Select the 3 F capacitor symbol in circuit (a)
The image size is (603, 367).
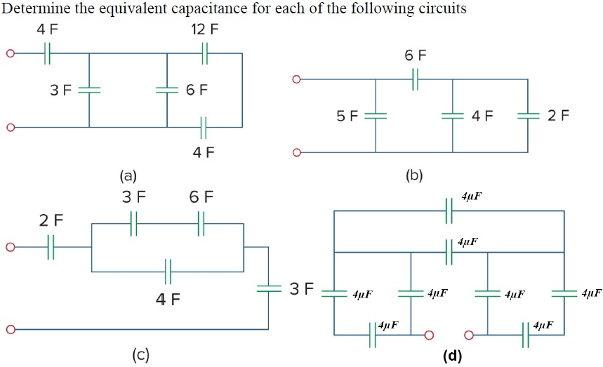coord(89,91)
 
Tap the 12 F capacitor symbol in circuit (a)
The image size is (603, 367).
coord(204,53)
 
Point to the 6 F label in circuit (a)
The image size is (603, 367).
coord(197,91)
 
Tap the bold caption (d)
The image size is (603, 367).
coord(452,356)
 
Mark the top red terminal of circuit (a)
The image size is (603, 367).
coord(10,53)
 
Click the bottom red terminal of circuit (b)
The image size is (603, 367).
coord(297,152)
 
